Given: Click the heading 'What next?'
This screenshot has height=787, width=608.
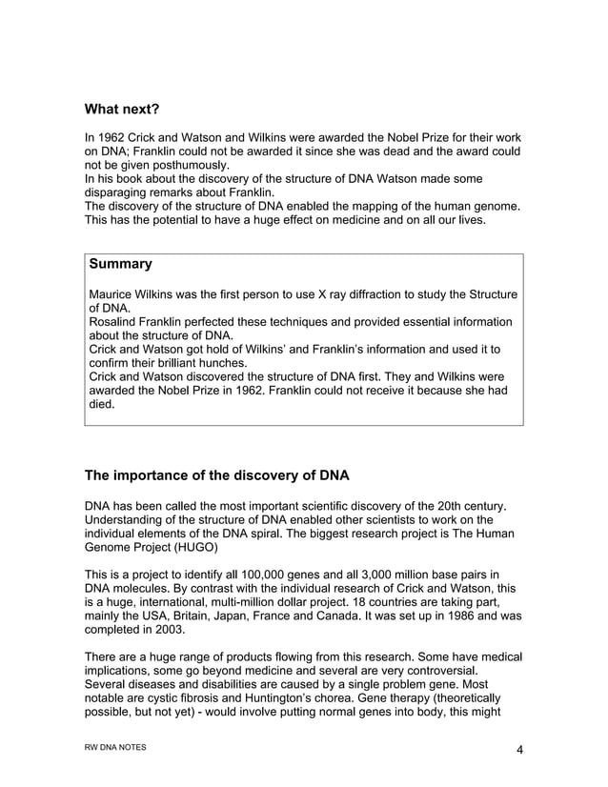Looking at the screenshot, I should tap(121, 109).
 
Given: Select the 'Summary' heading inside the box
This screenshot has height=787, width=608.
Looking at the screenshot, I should tap(120, 262).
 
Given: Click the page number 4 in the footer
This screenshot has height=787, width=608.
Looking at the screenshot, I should tap(519, 750).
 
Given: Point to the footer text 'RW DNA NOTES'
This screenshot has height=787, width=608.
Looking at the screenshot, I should tap(115, 748).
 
